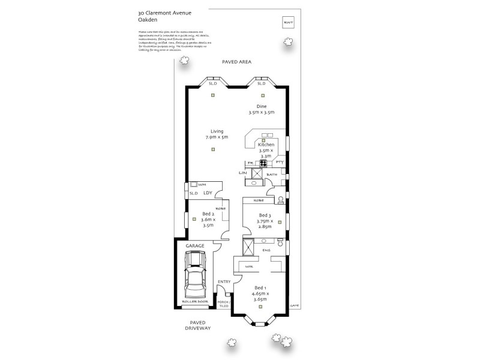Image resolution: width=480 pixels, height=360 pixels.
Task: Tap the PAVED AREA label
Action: (236, 62)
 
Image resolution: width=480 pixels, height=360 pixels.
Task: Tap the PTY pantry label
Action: (279, 163)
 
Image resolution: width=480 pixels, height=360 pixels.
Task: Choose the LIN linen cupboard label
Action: (242, 173)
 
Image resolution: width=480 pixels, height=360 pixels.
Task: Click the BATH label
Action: (272, 175)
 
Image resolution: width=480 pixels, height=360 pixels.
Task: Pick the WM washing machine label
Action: (202, 185)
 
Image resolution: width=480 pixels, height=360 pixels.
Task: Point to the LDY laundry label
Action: (208, 193)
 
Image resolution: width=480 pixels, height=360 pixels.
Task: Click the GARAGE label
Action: (194, 246)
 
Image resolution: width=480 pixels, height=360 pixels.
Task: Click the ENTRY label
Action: (224, 282)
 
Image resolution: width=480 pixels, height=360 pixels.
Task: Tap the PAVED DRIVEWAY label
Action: (197, 326)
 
